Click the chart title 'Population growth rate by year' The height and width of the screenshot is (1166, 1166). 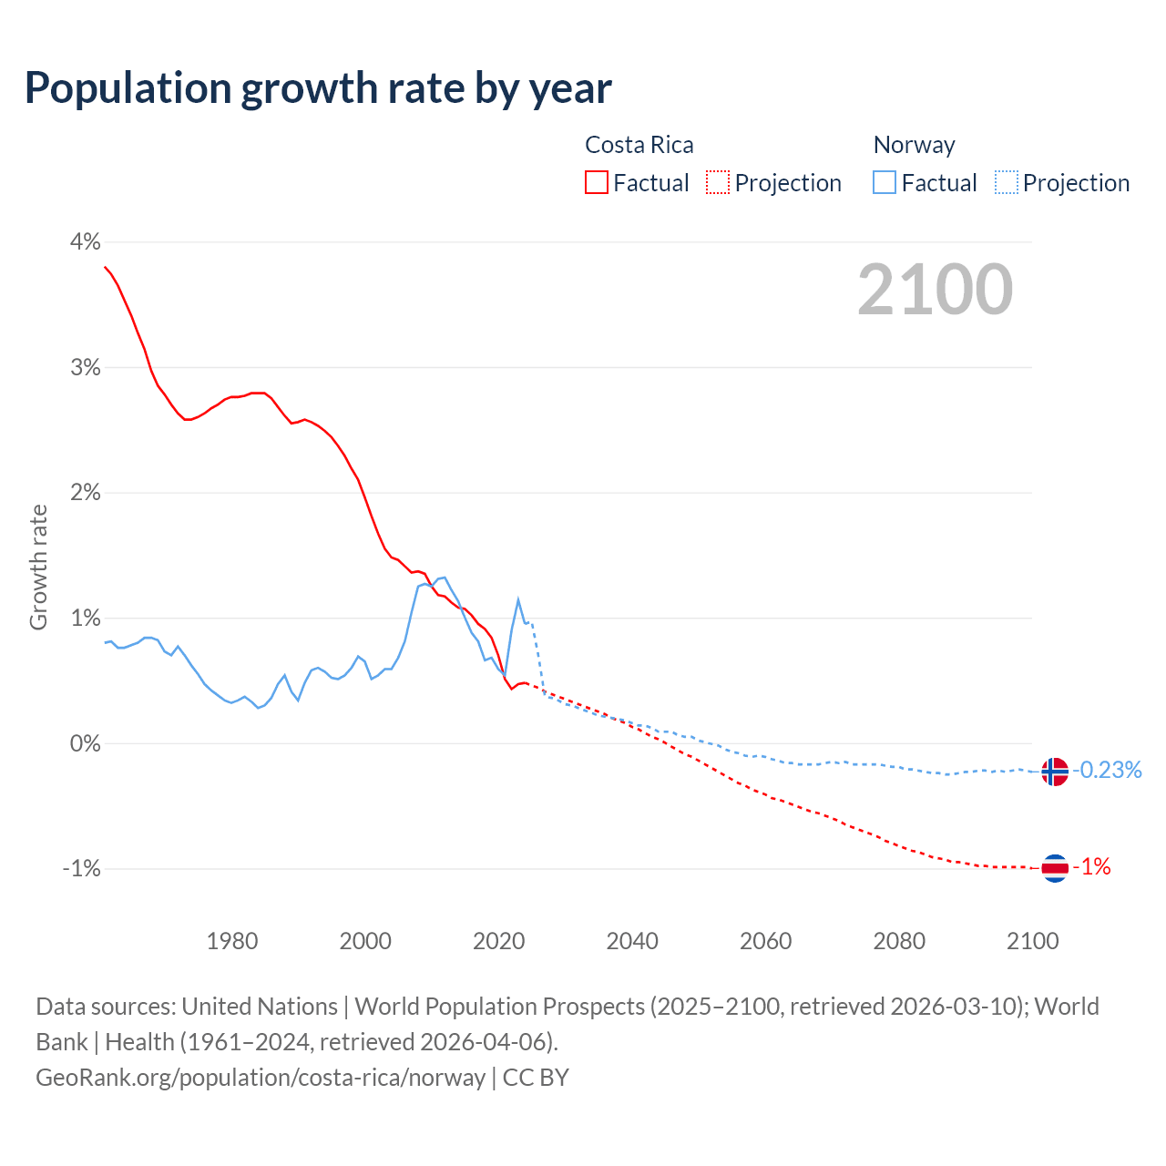click(x=318, y=88)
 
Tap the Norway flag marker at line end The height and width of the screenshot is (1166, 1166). click(x=1054, y=772)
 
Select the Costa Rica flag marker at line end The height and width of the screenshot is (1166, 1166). click(x=1054, y=868)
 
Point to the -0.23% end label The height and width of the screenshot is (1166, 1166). click(x=1107, y=771)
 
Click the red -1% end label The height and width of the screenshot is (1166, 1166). click(x=1092, y=867)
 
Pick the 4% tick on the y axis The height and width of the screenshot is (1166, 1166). click(x=85, y=242)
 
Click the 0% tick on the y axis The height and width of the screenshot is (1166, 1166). click(x=85, y=743)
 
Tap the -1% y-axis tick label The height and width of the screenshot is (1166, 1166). click(x=81, y=869)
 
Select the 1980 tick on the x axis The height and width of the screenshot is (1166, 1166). click(x=232, y=941)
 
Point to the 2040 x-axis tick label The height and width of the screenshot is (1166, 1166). click(x=632, y=941)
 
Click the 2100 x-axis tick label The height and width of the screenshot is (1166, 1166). click(x=1032, y=941)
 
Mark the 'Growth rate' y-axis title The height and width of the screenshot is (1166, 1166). click(x=38, y=567)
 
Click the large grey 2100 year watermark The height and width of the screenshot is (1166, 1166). click(x=935, y=290)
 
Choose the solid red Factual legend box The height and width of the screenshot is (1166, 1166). click(x=597, y=182)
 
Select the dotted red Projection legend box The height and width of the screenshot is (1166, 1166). click(x=718, y=182)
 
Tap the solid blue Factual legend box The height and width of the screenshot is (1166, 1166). click(x=885, y=182)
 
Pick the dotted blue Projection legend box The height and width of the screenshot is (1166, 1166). click(x=1007, y=182)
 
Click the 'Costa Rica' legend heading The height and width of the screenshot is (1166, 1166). click(x=639, y=145)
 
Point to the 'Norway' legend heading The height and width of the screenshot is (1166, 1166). click(x=914, y=145)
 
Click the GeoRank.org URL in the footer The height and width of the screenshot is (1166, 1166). click(x=261, y=1078)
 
